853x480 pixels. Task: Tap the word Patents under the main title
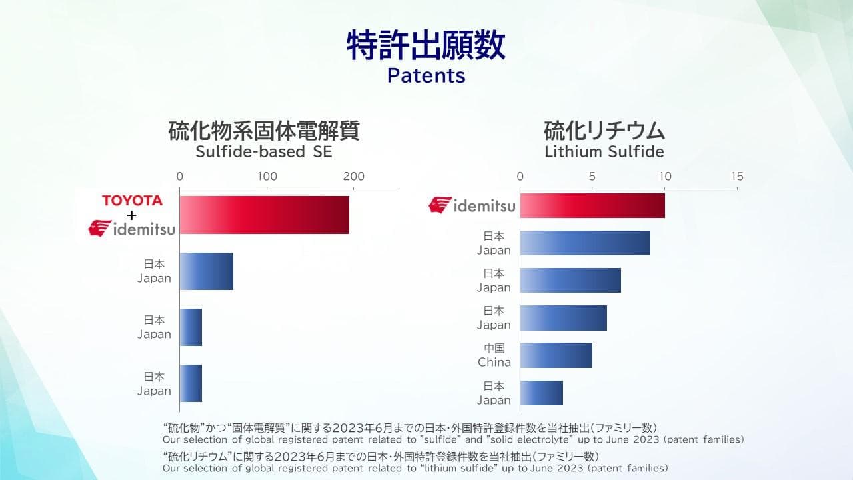426,75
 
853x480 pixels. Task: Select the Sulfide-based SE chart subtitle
263,151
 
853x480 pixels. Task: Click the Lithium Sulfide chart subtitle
604,151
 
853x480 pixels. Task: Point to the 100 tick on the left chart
267,177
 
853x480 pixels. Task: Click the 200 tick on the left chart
353,177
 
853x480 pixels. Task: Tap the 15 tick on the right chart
737,177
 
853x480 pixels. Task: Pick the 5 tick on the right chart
592,177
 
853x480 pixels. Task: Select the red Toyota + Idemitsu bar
265,215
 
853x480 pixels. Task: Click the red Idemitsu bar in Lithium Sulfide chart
592,206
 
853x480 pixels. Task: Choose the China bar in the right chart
556,355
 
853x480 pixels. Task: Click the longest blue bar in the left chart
207,271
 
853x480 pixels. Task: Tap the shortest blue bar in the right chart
542,393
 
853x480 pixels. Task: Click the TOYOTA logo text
132,201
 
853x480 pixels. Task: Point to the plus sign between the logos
132,215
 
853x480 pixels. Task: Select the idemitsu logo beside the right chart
472,205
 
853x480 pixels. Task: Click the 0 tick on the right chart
520,177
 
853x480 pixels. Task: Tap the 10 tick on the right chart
665,177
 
